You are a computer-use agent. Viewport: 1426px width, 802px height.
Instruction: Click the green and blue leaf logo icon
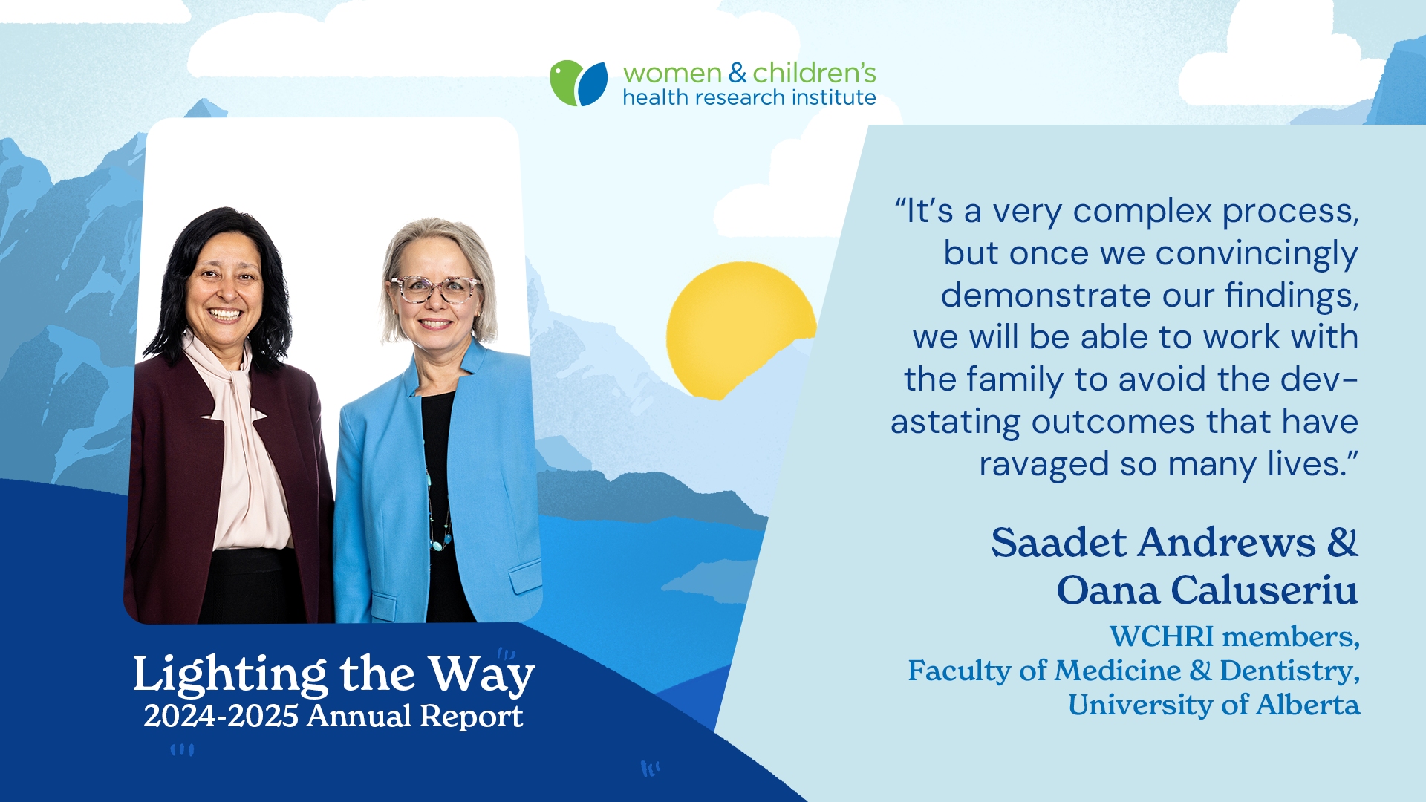579,83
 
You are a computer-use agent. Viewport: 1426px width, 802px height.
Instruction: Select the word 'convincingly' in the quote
1257,255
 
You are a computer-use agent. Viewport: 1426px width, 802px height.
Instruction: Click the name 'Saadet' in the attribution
1059,543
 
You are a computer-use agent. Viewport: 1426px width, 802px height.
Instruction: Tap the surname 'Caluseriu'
1265,590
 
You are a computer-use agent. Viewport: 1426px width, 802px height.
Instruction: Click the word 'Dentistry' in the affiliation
1289,671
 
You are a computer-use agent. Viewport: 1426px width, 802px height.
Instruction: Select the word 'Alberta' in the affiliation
1308,705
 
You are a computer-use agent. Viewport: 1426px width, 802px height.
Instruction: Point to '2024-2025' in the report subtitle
221,717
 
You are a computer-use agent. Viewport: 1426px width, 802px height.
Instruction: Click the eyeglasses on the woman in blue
436,289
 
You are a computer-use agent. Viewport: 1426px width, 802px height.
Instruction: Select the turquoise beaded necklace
440,512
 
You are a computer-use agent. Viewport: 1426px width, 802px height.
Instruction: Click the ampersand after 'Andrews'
1343,543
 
